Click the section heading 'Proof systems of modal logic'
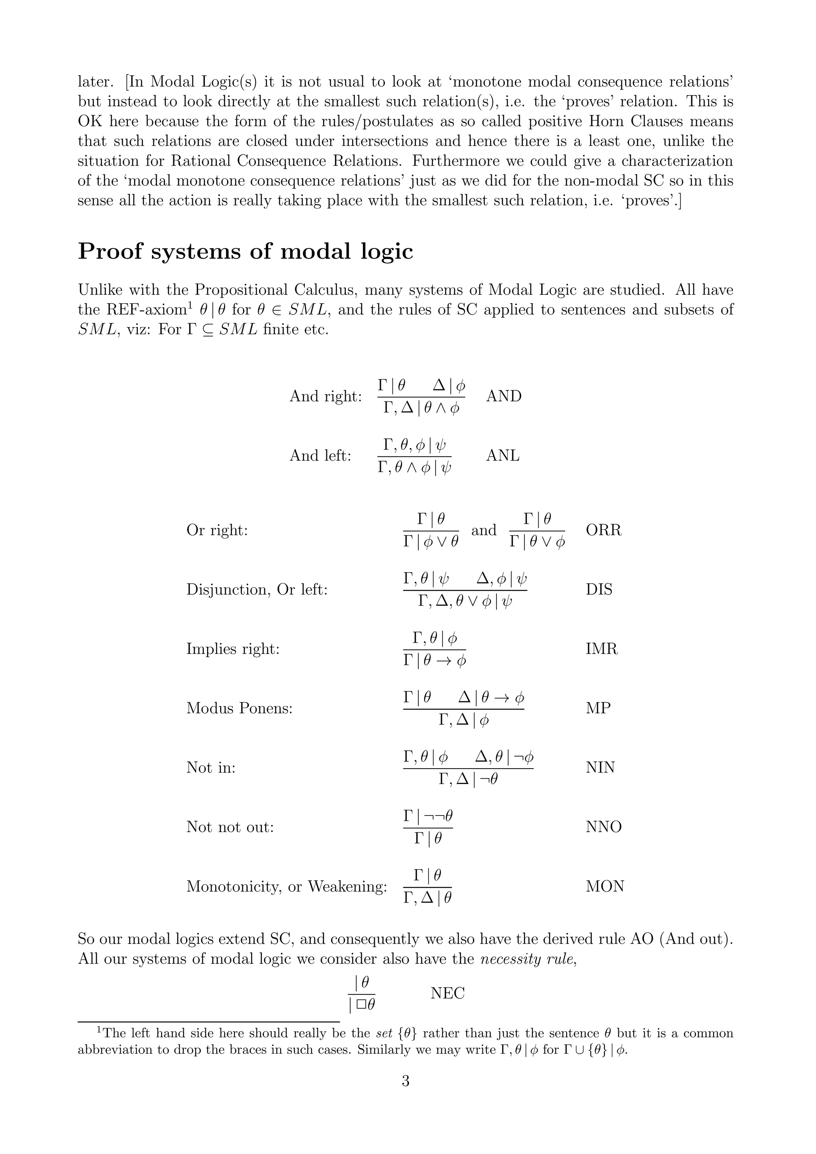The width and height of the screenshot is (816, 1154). point(245,251)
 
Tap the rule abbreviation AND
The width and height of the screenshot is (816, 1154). point(504,396)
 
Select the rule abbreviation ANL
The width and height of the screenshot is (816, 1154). point(503,456)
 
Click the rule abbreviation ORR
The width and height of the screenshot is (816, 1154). point(603,530)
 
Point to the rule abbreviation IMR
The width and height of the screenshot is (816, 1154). point(601,649)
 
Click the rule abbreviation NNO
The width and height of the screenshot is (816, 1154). point(603,827)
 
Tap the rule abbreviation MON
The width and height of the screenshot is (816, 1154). point(605,886)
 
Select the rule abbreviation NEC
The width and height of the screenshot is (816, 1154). point(447,993)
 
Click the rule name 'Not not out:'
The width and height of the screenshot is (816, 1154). point(230,827)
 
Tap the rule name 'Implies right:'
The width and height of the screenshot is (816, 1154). point(233,649)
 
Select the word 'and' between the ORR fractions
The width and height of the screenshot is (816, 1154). point(484,530)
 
